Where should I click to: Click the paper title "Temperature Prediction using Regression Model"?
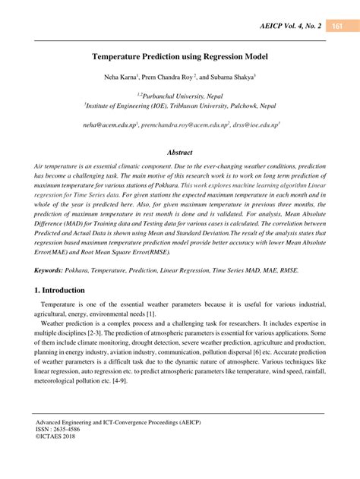(180, 56)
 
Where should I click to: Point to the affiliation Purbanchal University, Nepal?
(181, 95)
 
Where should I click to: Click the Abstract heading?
(179, 152)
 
